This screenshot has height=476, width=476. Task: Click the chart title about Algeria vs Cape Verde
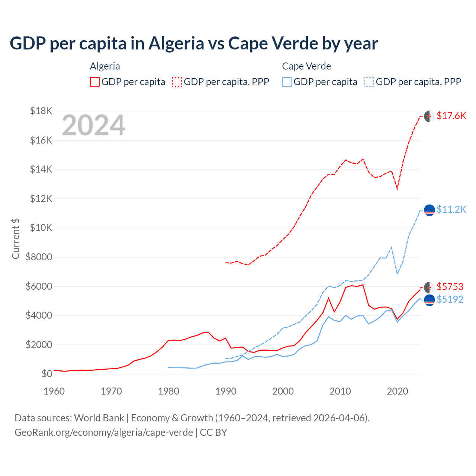click(x=194, y=44)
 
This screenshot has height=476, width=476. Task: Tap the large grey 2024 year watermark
click(x=94, y=126)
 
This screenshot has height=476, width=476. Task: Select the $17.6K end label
click(x=451, y=116)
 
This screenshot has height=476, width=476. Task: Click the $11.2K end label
click(x=451, y=209)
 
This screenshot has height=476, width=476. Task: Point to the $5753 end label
click(x=450, y=287)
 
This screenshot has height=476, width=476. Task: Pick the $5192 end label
click(x=450, y=299)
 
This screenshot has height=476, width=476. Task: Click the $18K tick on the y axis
click(x=41, y=111)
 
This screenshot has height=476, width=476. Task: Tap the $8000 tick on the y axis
click(x=39, y=257)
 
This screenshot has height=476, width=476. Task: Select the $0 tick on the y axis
click(x=46, y=374)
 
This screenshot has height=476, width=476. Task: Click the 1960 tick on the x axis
click(x=54, y=391)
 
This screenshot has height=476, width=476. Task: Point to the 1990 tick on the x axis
click(x=226, y=391)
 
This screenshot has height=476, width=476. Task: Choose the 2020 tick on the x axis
click(x=398, y=391)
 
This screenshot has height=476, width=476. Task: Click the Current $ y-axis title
click(x=16, y=238)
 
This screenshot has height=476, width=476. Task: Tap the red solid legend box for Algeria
click(x=95, y=82)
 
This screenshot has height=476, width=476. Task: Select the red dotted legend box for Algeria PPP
click(x=177, y=82)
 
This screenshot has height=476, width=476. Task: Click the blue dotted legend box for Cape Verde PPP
click(x=369, y=82)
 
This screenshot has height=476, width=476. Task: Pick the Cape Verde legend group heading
click(x=306, y=66)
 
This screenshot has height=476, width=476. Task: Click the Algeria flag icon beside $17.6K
click(x=430, y=116)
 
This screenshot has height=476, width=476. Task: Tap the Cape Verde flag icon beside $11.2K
click(x=430, y=210)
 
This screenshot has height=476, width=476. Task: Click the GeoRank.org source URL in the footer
click(x=104, y=432)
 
